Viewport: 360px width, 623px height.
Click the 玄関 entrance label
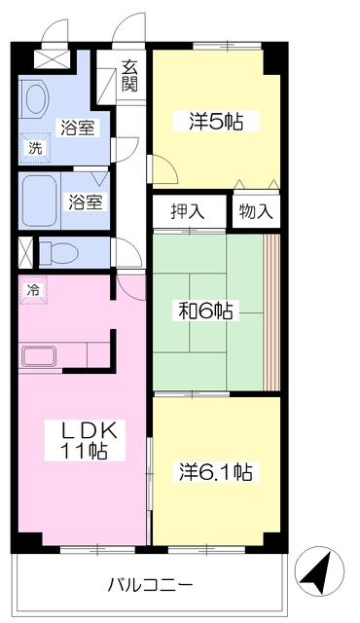[129, 76]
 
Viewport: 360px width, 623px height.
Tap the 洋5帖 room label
[216, 121]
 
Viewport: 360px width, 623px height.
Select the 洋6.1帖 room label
[216, 471]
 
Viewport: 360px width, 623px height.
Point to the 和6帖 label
[205, 311]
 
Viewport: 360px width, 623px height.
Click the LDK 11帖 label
[85, 440]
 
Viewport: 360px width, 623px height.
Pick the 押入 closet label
[188, 211]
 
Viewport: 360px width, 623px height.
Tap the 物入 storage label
[256, 211]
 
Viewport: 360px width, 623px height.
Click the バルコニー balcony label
[151, 584]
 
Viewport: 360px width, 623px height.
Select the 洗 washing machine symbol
[36, 148]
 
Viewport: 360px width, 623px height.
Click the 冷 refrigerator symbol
[34, 290]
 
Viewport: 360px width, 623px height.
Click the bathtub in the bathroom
[40, 201]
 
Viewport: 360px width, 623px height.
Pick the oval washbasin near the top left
[37, 98]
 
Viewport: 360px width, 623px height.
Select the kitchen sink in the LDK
[40, 356]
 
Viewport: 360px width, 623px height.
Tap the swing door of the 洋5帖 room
[163, 169]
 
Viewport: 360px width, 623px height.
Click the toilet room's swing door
[126, 252]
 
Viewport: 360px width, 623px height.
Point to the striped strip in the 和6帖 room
[271, 312]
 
